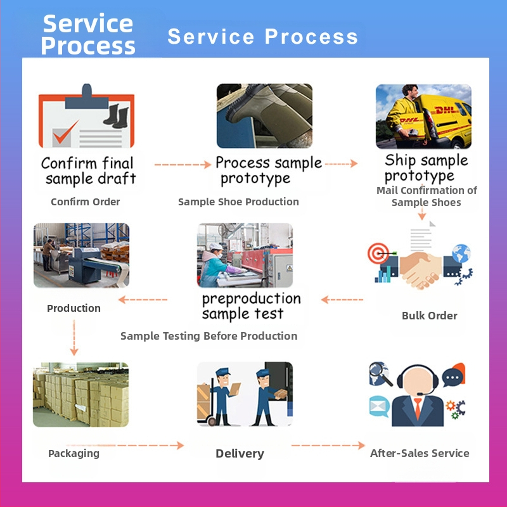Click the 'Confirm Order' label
(86, 202)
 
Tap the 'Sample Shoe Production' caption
(238, 202)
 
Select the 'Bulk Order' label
(429, 316)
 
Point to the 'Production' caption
(74, 309)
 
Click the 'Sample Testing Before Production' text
(209, 337)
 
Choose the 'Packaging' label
(74, 454)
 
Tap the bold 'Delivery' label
(240, 454)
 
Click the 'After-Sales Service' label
(420, 454)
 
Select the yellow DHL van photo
(423, 117)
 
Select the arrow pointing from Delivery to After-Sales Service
(328, 446)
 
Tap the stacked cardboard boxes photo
(80, 394)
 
